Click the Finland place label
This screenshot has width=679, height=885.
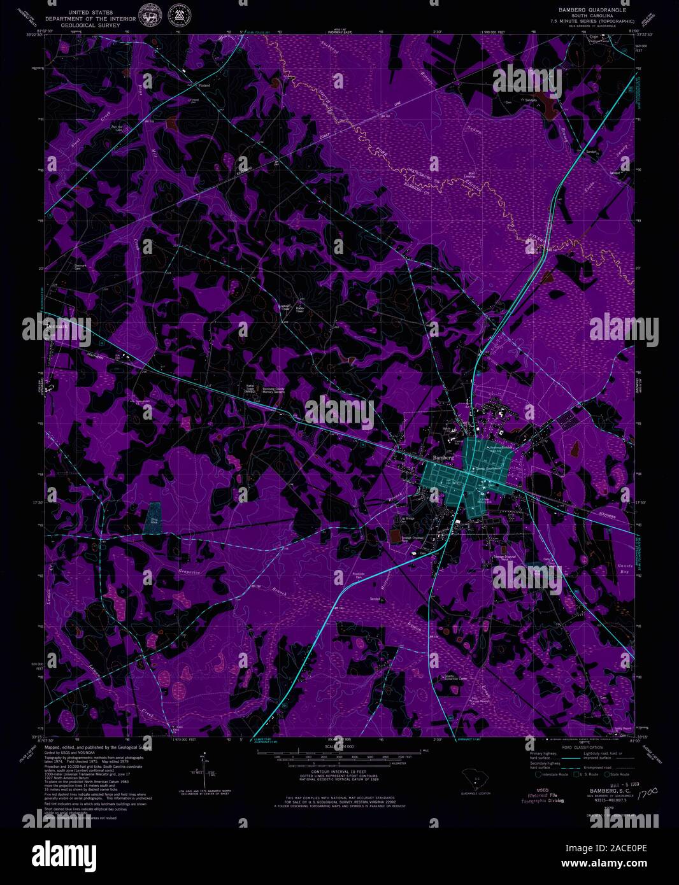(x=204, y=85)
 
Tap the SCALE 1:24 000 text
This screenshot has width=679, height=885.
(x=338, y=746)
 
